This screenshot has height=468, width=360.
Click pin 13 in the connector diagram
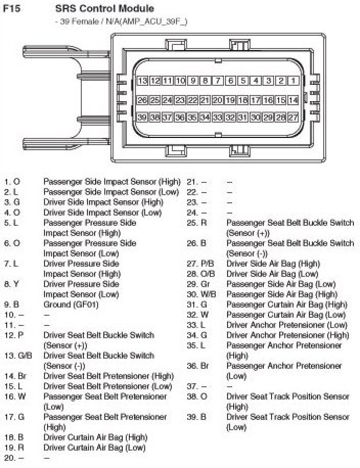tap(143, 81)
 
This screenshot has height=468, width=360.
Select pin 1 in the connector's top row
tap(293, 81)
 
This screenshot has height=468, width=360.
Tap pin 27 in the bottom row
tap(293, 118)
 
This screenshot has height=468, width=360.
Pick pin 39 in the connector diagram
tap(143, 118)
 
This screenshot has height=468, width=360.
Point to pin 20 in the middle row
tap(218, 100)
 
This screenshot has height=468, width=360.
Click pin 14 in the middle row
tap(293, 100)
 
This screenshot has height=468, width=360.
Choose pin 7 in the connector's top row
tap(218, 81)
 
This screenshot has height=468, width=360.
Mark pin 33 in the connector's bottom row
tap(218, 118)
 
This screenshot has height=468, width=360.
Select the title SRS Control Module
tap(104, 9)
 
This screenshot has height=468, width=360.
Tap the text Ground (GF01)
tap(71, 305)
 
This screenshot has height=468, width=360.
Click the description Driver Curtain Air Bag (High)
tap(95, 437)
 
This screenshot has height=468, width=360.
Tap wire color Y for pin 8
tap(17, 284)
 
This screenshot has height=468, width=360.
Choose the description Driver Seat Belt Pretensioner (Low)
tap(107, 386)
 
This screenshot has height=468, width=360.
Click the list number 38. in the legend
tap(192, 396)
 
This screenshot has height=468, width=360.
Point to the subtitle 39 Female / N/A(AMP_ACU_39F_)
tap(121, 21)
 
